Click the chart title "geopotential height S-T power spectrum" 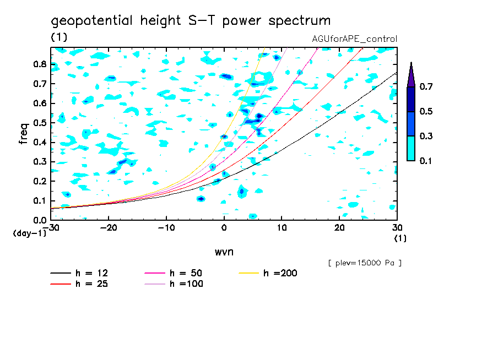[191, 21]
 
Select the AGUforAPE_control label [354, 39]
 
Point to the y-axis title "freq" [24, 134]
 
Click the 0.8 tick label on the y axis [40, 64]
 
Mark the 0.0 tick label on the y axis [40, 220]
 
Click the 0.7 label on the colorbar [426, 87]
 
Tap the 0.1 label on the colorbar [426, 161]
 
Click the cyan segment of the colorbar [411, 148]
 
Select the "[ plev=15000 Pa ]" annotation [365, 263]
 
